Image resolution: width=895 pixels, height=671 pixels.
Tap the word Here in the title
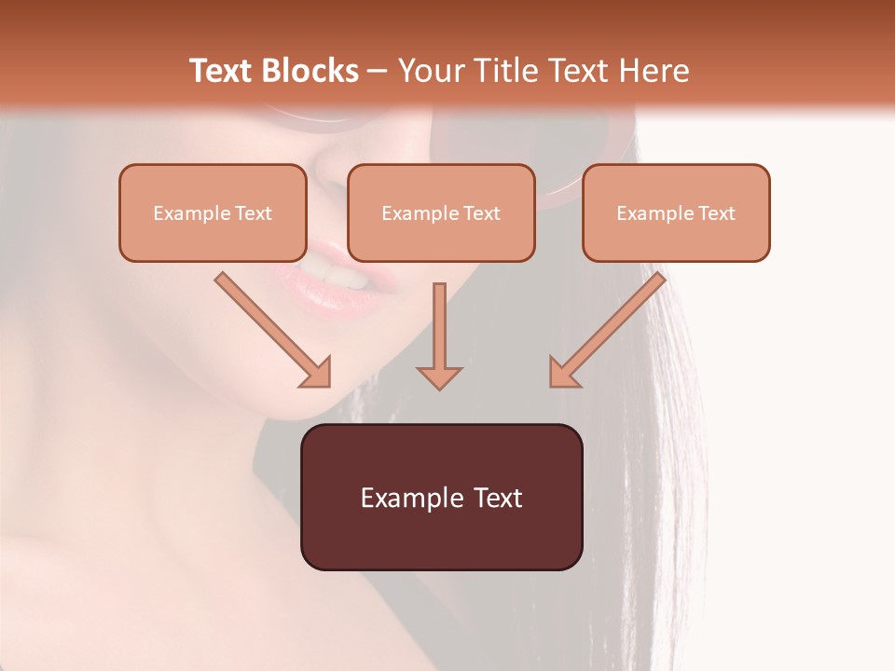652,71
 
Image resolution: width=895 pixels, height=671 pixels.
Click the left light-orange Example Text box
213,212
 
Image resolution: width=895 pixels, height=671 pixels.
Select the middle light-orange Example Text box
441,212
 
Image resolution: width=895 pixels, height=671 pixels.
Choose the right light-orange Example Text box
676,212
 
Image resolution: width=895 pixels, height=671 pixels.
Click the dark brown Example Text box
441,497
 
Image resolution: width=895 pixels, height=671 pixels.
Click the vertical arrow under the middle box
439,326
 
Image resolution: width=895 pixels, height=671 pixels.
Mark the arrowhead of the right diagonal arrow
563,373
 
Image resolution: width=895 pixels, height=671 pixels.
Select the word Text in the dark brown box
498,498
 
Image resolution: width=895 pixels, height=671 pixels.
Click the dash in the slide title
378,72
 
